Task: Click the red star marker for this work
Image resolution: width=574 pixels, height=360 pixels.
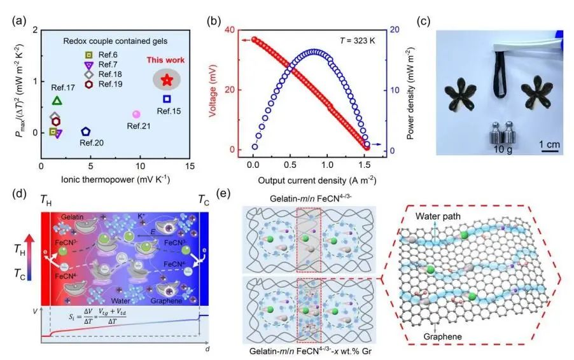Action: (x=167, y=80)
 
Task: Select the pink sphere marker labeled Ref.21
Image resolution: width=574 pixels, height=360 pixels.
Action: (x=136, y=114)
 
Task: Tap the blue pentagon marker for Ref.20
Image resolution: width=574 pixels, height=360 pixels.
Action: (x=85, y=132)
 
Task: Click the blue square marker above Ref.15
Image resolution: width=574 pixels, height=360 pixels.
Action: (x=167, y=99)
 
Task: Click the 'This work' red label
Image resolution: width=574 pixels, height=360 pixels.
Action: (x=165, y=60)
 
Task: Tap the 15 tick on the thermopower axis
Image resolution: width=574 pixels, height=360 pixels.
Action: (x=190, y=165)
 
